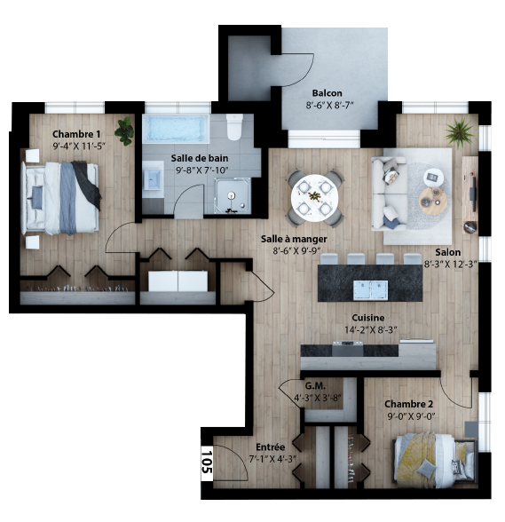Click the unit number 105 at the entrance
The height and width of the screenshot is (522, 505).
coord(207,462)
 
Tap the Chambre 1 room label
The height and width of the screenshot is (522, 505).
coord(76,134)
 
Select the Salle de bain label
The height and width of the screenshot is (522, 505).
coord(200,158)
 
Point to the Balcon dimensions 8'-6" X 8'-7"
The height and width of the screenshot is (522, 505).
coord(329,105)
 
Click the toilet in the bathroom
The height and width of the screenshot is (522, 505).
coord(234,127)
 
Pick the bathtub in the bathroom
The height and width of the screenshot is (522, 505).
coord(176,129)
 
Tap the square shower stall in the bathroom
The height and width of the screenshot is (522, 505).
coord(232,195)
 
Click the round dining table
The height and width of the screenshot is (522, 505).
coord(314,198)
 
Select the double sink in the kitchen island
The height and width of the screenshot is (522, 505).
coord(370,289)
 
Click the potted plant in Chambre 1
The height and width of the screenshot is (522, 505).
coord(125,131)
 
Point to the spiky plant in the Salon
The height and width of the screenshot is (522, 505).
coord(460,133)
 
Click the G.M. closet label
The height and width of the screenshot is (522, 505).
coord(315,386)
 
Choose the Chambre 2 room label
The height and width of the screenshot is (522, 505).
coord(409,404)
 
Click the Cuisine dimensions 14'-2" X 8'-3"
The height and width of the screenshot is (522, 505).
coord(370,330)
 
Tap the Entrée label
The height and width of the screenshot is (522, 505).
coord(271,447)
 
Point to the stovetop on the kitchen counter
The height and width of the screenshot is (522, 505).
coord(348,348)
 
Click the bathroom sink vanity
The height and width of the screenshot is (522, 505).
coord(153,179)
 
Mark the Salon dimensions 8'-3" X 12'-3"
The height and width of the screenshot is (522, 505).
coord(451,265)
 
